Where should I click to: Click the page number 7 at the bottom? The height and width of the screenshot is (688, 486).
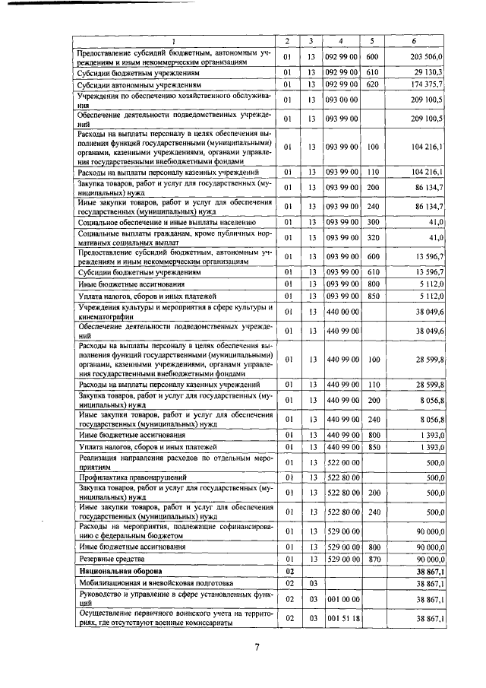pos(257,647)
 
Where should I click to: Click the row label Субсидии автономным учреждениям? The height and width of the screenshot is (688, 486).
pos(139,85)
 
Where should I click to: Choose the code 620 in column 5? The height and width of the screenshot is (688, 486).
pos(372,85)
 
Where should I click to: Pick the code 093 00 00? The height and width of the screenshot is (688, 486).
pos(341,100)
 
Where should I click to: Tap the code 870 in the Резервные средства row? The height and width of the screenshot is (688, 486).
pos(372,558)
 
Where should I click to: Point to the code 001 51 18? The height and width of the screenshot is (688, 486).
pos(341,620)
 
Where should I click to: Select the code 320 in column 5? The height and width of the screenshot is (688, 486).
pos(372,238)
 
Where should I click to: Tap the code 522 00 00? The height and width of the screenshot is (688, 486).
pos(341,462)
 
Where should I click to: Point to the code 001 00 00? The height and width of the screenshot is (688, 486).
pos(341,599)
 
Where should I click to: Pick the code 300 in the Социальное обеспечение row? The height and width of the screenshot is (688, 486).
pos(372,221)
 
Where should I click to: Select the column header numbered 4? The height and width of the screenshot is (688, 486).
pos(341,40)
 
